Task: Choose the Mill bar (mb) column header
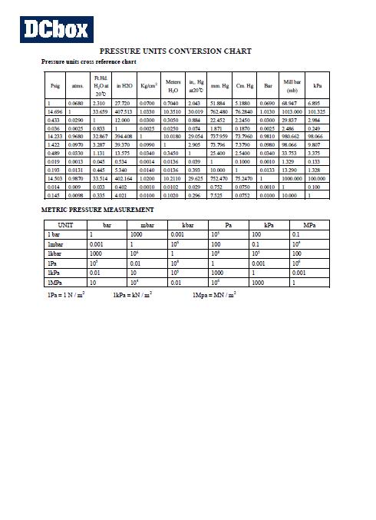pyautogui.click(x=292, y=85)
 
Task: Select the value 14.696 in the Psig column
pyautogui.click(x=54, y=111)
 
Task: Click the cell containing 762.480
pyautogui.click(x=219, y=111)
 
